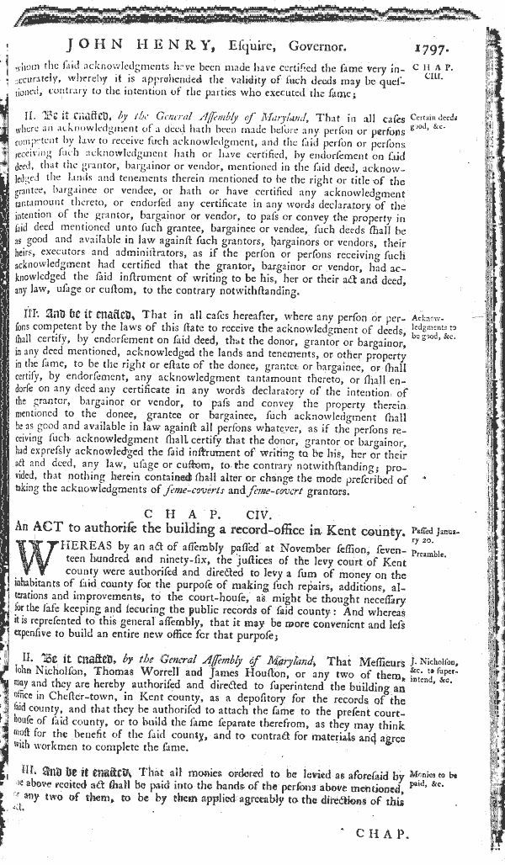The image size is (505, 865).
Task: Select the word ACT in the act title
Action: (x=66, y=532)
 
